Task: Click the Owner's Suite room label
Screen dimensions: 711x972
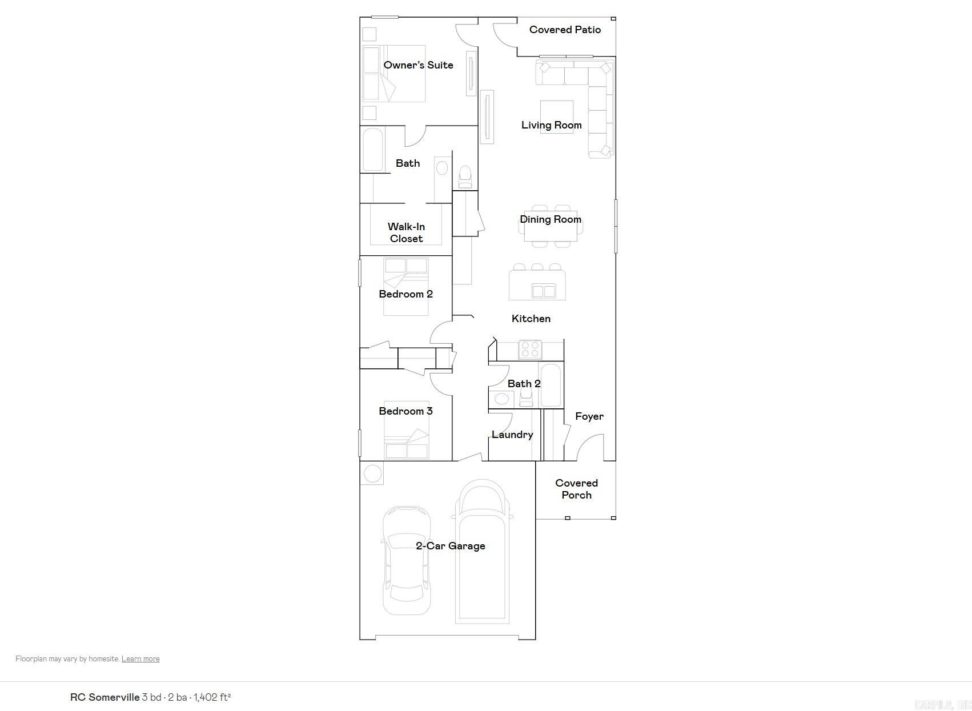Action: click(418, 65)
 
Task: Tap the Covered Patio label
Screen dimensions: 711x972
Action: click(565, 30)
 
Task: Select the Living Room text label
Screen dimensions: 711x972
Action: click(551, 125)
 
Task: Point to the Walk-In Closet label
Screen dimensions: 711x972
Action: click(406, 232)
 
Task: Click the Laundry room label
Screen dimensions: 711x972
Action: click(512, 435)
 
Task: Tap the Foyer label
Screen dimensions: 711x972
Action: click(589, 416)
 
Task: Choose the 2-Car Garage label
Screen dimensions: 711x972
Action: click(450, 546)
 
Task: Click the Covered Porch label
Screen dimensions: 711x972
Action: click(576, 489)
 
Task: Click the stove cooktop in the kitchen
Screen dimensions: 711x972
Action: click(529, 349)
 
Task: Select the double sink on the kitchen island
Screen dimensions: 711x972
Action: click(543, 291)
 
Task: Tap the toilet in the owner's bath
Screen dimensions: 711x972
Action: click(465, 176)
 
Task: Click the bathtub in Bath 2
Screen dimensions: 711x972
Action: click(551, 384)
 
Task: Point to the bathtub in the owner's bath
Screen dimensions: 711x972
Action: click(372, 150)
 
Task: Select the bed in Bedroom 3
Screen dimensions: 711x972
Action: click(406, 430)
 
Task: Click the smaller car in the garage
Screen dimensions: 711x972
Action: click(406, 560)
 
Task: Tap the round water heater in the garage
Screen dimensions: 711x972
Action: click(372, 473)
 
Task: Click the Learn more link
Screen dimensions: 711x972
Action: click(140, 658)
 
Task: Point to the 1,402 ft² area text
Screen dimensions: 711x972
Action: click(212, 697)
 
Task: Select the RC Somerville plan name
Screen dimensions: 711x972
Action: click(105, 697)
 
